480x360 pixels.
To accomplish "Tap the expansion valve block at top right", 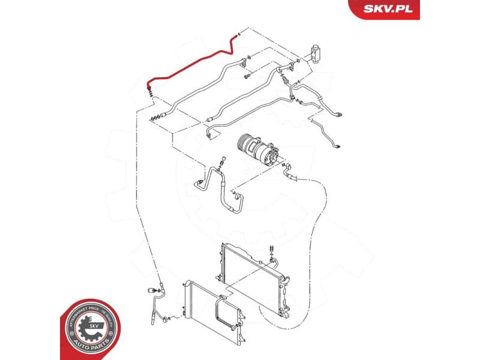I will coord(316,52).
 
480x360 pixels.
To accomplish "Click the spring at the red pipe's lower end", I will coord(149,91).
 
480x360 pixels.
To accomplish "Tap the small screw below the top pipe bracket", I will coord(247,77).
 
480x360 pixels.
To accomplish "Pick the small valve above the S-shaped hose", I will coord(222,162).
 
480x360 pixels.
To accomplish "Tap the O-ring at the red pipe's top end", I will coord(239,34).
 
